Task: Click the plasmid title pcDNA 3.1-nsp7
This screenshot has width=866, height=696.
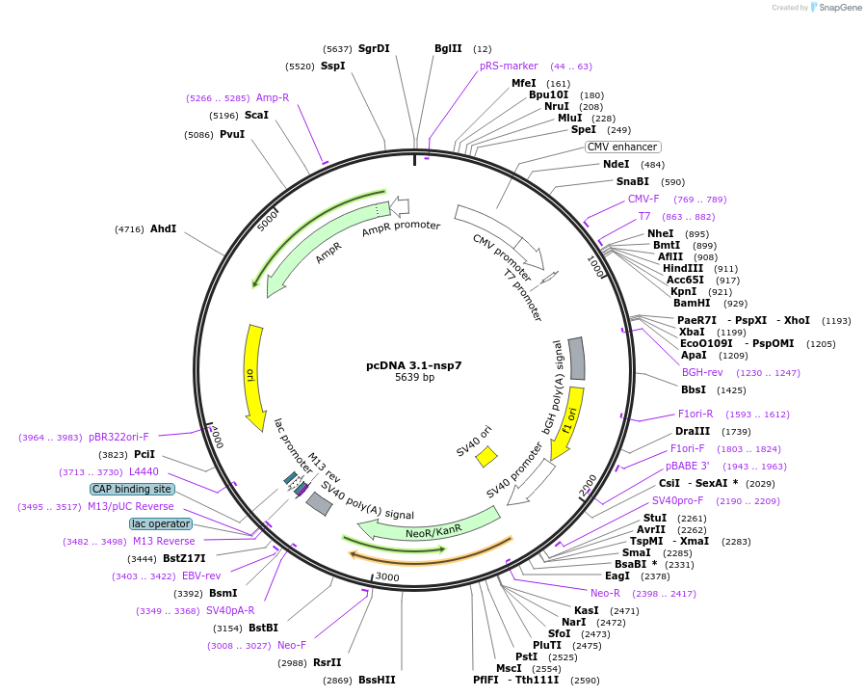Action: (413, 365)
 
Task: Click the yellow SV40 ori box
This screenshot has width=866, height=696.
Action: (486, 456)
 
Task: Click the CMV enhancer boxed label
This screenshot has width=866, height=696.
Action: (622, 147)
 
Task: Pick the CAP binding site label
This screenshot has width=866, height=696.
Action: (132, 489)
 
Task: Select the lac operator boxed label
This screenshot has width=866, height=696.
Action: (161, 523)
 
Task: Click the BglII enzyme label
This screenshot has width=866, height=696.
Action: (448, 48)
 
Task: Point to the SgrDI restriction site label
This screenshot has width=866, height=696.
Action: (374, 48)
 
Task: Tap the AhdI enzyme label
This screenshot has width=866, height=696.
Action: (163, 228)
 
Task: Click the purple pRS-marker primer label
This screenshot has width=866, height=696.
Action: (509, 67)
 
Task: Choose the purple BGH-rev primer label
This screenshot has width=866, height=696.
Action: (702, 372)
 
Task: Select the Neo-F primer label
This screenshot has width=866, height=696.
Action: (292, 645)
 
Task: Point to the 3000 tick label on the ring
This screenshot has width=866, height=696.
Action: (386, 576)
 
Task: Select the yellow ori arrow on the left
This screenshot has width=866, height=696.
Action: (255, 376)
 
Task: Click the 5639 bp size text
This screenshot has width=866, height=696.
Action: (414, 377)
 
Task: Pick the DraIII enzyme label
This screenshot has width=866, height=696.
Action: (694, 431)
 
